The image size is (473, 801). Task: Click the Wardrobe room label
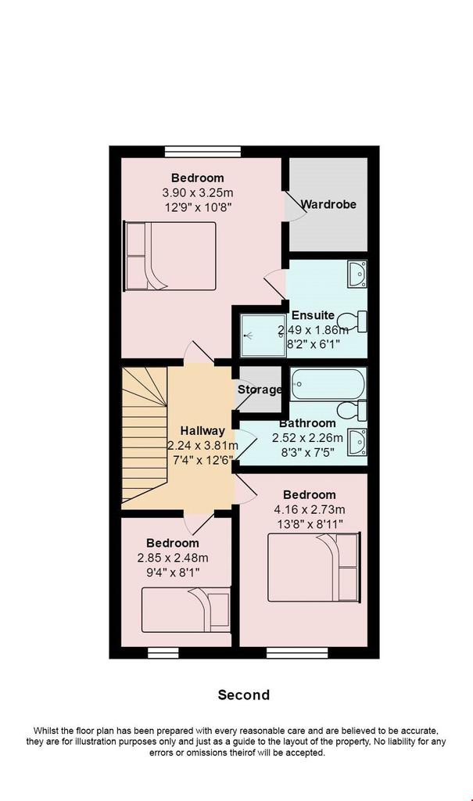(x=328, y=204)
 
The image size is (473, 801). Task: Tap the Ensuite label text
(x=314, y=315)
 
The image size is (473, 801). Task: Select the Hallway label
(x=202, y=431)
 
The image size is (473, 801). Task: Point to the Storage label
(x=260, y=390)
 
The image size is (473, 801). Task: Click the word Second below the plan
(x=244, y=695)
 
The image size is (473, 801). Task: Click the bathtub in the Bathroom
(x=328, y=385)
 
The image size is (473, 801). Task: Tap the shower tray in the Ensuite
(x=263, y=336)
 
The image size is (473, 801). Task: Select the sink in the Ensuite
(x=357, y=275)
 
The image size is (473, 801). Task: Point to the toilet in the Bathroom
(x=352, y=411)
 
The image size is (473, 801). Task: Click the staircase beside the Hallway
(x=145, y=434)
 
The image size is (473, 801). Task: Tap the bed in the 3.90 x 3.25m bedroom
(x=170, y=257)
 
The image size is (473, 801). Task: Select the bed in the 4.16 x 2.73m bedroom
(x=314, y=568)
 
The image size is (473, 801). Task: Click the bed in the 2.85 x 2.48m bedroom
(x=186, y=610)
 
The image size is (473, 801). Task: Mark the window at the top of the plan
(x=202, y=151)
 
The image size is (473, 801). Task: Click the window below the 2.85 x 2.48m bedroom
(x=163, y=653)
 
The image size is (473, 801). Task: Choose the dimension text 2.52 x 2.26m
(x=307, y=438)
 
